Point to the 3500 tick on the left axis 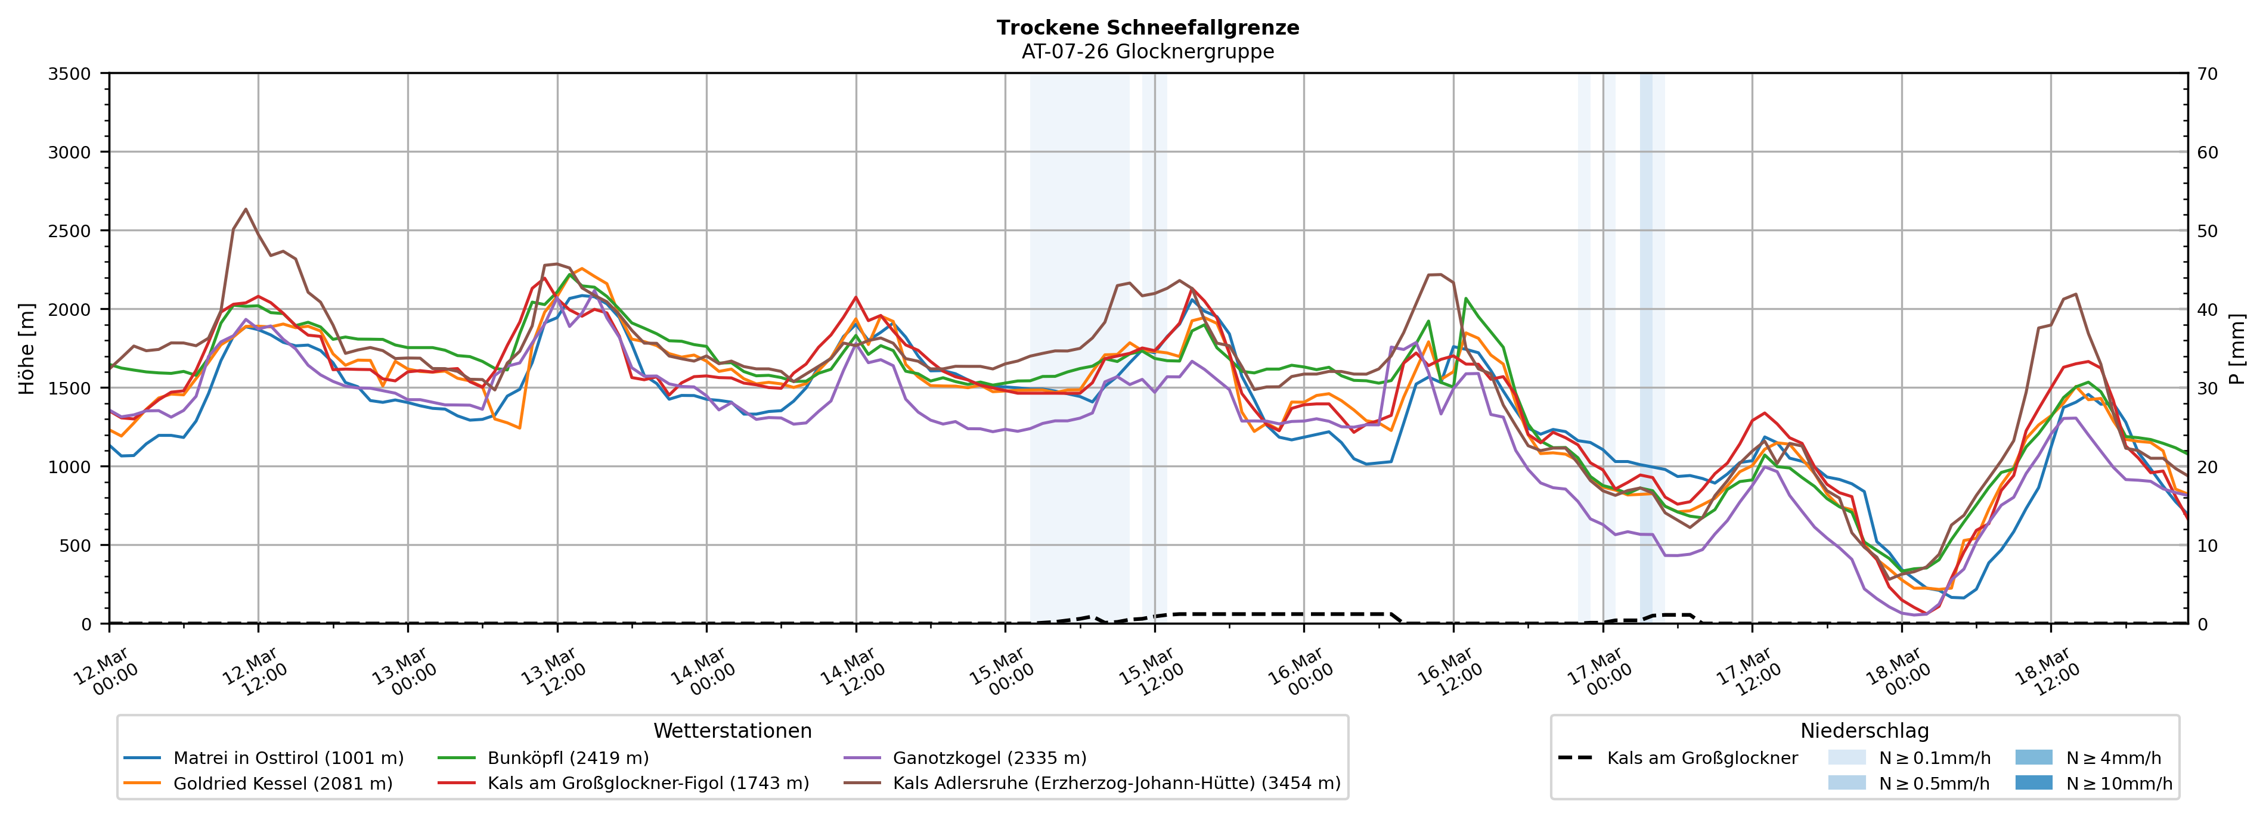click(70, 74)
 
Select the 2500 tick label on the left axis click(70, 231)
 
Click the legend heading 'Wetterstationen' click(732, 731)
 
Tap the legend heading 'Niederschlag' click(1864, 731)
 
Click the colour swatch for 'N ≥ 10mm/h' click(2033, 782)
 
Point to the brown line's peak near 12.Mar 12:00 click(246, 209)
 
